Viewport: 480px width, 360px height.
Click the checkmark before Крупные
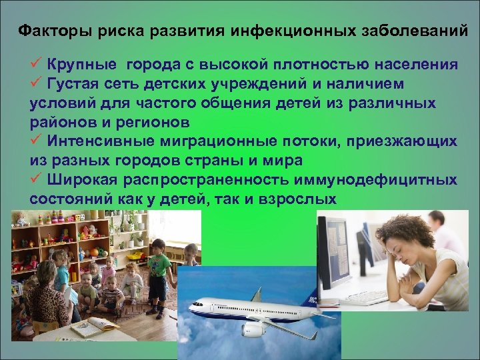(37, 64)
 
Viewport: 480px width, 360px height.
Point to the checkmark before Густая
(37, 84)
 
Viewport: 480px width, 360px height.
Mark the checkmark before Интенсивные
(37, 141)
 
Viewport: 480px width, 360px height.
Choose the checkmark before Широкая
(37, 180)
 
